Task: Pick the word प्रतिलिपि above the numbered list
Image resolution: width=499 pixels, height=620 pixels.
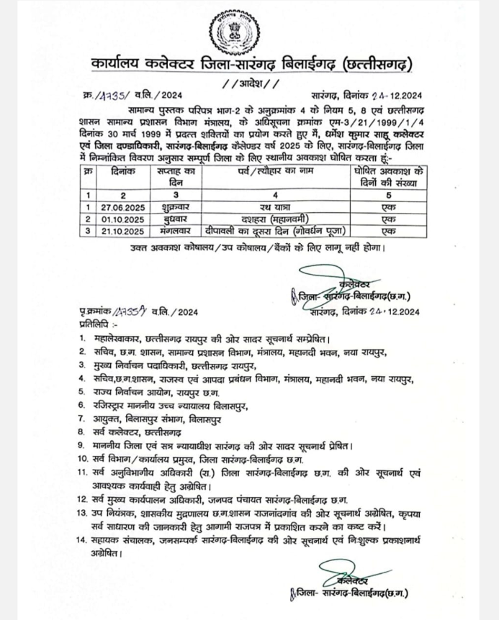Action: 96,323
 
